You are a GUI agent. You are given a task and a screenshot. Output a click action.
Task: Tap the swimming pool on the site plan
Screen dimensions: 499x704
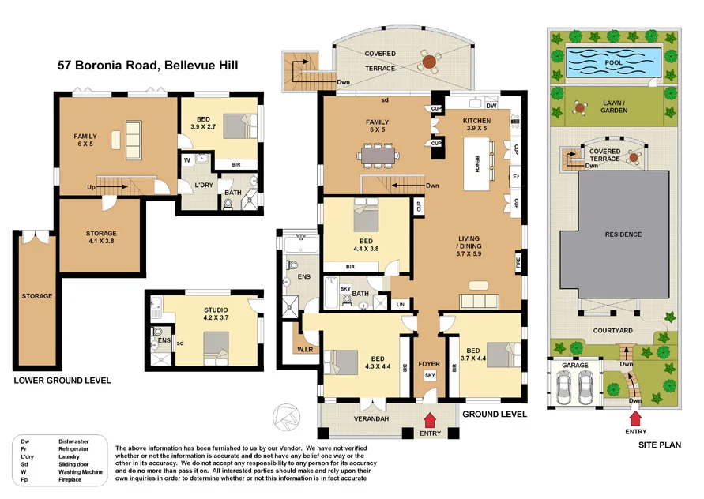tap(613, 61)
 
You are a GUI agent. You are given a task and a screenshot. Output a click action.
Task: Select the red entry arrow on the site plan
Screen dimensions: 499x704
tap(635, 416)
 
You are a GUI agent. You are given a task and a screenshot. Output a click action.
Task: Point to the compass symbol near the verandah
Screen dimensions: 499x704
tap(284, 415)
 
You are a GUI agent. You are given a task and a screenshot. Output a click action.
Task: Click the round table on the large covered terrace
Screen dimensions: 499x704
tap(428, 62)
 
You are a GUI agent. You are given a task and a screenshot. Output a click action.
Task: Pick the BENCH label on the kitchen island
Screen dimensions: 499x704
tap(478, 163)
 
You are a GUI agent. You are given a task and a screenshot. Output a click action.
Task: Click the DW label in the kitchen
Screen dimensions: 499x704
tap(491, 106)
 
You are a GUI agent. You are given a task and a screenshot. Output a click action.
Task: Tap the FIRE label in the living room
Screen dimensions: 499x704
tap(519, 262)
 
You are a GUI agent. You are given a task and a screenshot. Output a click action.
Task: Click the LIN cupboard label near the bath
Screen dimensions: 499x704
tap(401, 304)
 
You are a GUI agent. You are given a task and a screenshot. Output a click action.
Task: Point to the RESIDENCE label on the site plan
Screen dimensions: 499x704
tap(623, 234)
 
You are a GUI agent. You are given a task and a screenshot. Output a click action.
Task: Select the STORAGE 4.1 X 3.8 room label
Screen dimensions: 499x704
tap(101, 237)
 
